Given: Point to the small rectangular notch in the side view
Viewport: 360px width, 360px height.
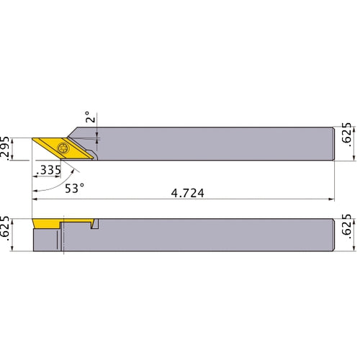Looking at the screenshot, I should pyautogui.click(x=95, y=226).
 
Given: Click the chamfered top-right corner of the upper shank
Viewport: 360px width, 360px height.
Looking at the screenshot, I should pyautogui.click(x=333, y=130).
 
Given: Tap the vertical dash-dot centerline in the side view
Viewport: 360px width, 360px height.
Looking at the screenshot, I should pyautogui.click(x=64, y=234).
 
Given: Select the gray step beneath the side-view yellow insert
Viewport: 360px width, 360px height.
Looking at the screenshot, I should pyautogui.click(x=48, y=240).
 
